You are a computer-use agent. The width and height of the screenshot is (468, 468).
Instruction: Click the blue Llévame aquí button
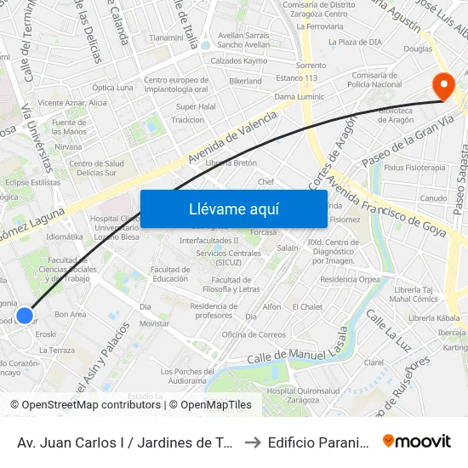(x=233, y=208)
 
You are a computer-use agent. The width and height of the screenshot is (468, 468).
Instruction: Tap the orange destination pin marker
(x=443, y=86)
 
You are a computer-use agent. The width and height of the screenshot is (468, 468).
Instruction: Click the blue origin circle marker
(x=25, y=316)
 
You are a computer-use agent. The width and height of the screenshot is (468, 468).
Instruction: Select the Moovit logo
(x=417, y=441)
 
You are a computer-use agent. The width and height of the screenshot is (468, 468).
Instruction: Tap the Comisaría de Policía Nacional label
(x=376, y=79)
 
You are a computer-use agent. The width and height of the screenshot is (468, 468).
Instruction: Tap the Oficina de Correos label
(x=254, y=334)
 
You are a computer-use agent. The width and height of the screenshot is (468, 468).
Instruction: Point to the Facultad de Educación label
(x=170, y=274)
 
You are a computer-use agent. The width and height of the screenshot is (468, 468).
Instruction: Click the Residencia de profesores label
(x=213, y=311)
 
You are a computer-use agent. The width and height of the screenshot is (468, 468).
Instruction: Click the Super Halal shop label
(x=196, y=106)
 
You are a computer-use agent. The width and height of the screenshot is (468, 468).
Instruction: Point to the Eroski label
(x=46, y=334)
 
